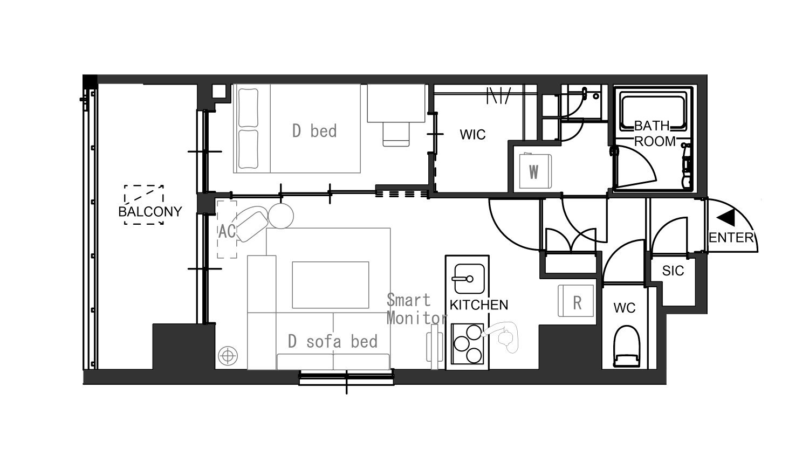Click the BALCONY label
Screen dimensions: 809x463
(x=150, y=211)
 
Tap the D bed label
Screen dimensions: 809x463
(x=314, y=130)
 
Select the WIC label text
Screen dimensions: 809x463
(x=472, y=135)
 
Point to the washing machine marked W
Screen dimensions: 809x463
(x=535, y=171)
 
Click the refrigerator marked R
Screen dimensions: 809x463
(x=575, y=301)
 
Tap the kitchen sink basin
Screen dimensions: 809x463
(x=469, y=278)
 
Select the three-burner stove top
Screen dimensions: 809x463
(x=468, y=343)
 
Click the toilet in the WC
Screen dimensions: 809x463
(x=627, y=346)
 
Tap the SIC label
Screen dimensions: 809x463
(x=673, y=271)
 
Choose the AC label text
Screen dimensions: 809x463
(x=227, y=231)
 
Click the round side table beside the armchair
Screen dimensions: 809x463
(x=281, y=216)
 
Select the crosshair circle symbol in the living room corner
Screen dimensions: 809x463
(x=228, y=356)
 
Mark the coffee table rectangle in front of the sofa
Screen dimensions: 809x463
(x=331, y=285)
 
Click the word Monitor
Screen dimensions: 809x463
(x=416, y=318)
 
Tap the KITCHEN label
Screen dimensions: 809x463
(x=479, y=305)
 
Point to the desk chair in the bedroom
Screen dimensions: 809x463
(x=396, y=134)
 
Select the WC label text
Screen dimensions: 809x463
(x=625, y=308)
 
